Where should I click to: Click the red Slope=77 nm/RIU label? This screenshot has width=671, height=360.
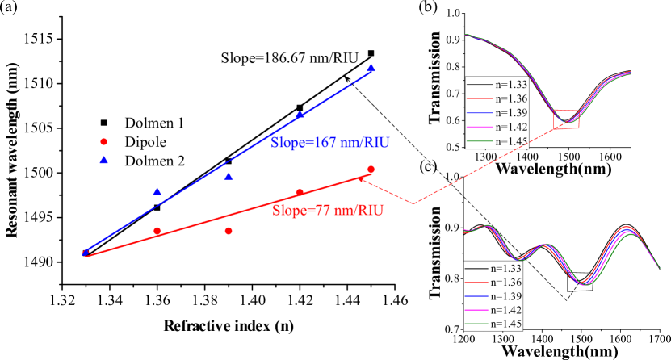point(327,211)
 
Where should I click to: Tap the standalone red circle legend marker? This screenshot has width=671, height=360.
point(103,141)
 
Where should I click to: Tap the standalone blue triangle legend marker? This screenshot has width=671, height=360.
point(103,160)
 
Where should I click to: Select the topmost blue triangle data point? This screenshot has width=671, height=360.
point(371,69)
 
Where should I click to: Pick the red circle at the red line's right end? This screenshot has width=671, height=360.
point(371,170)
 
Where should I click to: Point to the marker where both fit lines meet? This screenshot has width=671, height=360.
point(86,253)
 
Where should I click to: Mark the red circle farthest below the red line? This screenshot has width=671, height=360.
point(229,231)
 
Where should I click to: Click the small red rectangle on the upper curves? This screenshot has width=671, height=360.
point(566,119)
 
